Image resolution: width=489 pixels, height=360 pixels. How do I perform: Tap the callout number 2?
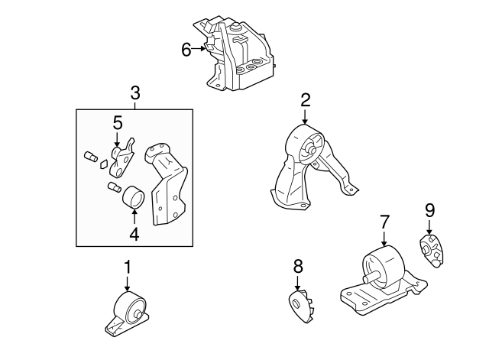pos(305,99)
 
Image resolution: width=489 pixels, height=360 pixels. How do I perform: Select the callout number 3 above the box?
pos(134,94)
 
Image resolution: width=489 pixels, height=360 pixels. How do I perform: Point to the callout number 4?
pos(134,235)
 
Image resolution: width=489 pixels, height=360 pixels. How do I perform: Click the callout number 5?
pos(118,122)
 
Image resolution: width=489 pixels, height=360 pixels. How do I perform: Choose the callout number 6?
pos(186,50)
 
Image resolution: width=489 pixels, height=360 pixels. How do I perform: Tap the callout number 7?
pos(384,222)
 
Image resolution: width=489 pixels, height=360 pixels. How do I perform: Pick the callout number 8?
pos(298,266)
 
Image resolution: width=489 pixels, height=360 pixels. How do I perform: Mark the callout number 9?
pos(429,209)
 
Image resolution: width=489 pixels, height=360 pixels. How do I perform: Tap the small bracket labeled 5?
pos(121,156)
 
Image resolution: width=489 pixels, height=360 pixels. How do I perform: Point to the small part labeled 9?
pos(432,251)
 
